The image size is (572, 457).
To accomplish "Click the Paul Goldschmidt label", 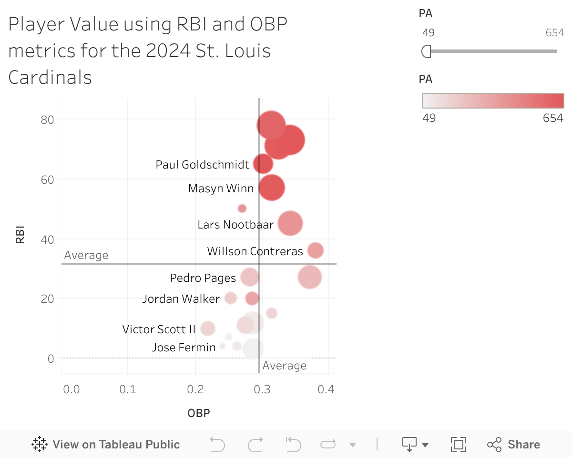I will point(202,165).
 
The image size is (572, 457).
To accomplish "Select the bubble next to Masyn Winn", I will point(272,188).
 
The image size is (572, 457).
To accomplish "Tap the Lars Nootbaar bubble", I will point(290,223).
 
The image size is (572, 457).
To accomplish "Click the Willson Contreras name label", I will point(255,251).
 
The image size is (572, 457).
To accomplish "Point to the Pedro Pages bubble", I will point(249,277).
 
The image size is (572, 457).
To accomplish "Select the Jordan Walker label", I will point(181,299).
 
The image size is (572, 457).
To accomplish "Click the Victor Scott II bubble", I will point(207,328).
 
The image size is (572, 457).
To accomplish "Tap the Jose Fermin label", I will point(184,348).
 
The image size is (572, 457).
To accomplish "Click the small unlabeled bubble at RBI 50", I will point(242,209).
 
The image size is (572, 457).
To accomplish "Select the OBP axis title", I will point(198,413).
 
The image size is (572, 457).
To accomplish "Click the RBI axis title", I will point(20,235).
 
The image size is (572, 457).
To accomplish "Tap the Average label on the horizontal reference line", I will point(86,256).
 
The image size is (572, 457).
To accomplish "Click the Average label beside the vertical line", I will point(284,366).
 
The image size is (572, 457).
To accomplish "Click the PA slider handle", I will point(426,51).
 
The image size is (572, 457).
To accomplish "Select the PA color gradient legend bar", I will point(493,101).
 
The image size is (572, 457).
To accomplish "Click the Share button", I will point(513,445).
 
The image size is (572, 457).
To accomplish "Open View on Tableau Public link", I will point(106,445).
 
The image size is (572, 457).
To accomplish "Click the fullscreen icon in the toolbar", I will point(458,445).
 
